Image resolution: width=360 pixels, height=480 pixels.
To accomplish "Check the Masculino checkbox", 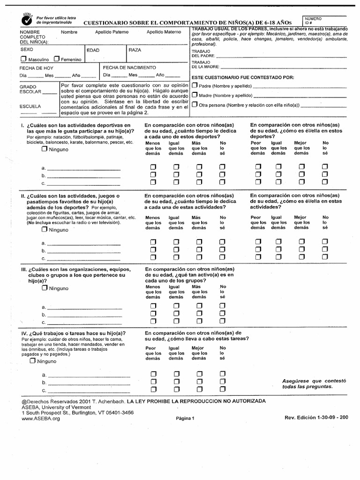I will coord(23,60).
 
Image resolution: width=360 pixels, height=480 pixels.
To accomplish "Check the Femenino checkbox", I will coord(56,60).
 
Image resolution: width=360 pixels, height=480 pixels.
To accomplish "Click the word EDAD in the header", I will coord(93,50).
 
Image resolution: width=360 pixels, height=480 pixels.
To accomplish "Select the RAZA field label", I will coord(135,49).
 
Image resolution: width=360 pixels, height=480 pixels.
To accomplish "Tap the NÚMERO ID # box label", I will coord(314,20).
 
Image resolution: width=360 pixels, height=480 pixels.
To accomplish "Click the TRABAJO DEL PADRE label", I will coord(204,53).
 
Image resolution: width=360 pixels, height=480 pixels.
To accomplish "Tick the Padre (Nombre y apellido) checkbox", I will coord(195,85).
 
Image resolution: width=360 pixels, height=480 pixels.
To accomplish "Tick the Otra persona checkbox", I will coord(195,104).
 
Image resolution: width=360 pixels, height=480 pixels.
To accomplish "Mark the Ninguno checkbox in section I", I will coord(44,149).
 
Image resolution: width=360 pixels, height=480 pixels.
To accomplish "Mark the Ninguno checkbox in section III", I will coord(45,288).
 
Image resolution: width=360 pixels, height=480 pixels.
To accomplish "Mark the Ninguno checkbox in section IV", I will coord(33,361).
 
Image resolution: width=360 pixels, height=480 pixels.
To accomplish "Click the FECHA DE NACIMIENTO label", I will coord(127,67).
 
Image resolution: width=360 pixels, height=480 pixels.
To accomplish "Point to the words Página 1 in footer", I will coord(185,419).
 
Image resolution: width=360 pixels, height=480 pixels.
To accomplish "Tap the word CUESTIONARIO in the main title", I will coord(109,23).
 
